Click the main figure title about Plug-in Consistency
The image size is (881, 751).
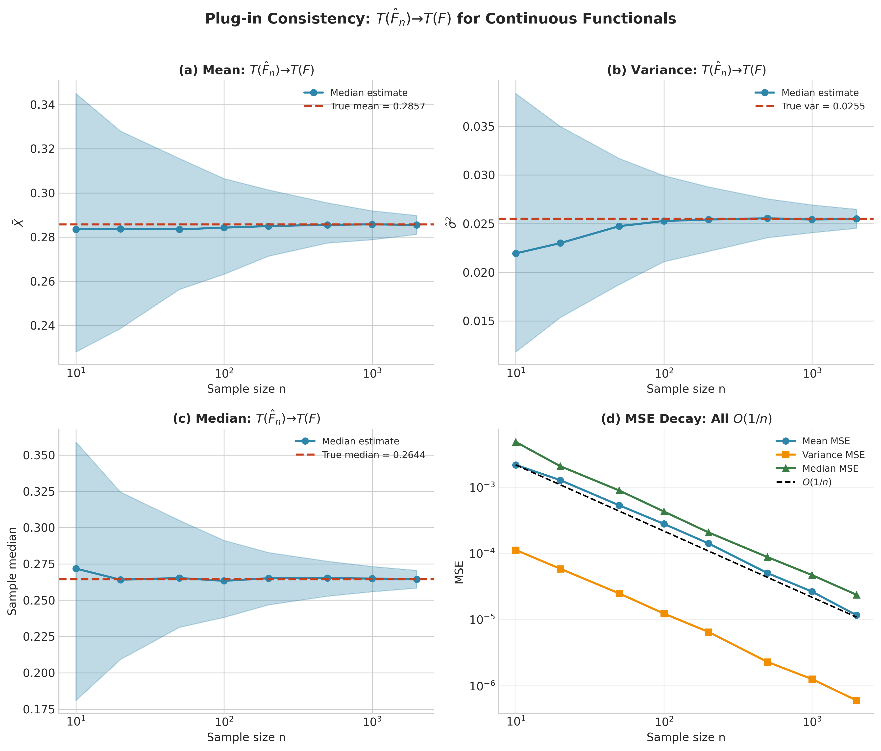pyautogui.click(x=440, y=19)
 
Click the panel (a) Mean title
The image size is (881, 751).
pyautogui.click(x=246, y=70)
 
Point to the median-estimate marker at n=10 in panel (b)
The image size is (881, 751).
pyautogui.click(x=516, y=253)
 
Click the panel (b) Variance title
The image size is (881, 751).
pyautogui.click(x=686, y=70)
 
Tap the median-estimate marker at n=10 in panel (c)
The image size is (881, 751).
pyautogui.click(x=76, y=569)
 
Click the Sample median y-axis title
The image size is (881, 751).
pyautogui.click(x=13, y=571)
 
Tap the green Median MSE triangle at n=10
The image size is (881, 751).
pyautogui.click(x=516, y=442)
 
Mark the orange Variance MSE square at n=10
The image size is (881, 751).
pyautogui.click(x=516, y=550)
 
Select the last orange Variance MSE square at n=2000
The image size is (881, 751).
pyautogui.click(x=856, y=700)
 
